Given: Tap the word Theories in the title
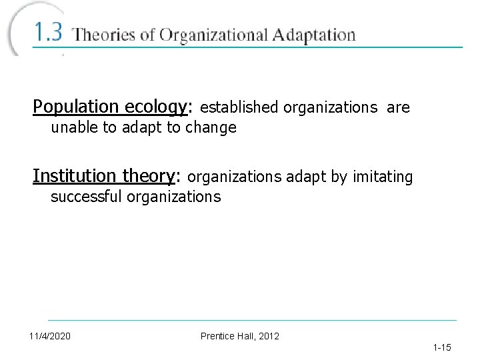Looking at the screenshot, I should [x=104, y=35].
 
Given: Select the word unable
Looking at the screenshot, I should [x=74, y=127].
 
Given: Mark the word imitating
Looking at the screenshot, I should [x=383, y=177].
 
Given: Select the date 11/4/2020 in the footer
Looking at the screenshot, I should [x=50, y=335].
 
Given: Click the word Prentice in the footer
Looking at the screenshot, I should [x=217, y=335].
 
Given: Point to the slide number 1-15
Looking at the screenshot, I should [x=442, y=347].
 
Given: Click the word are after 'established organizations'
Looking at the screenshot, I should [x=398, y=107].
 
